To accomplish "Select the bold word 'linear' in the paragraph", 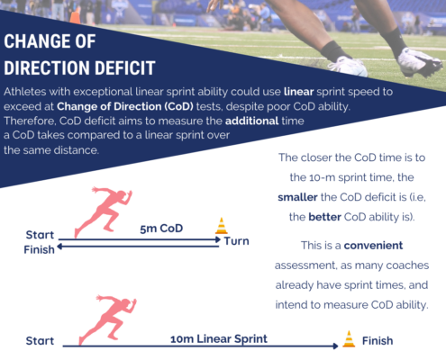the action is (x=298, y=92).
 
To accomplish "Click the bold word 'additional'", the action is (x=252, y=121).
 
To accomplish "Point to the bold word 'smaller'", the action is (x=297, y=197).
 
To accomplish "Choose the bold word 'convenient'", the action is (x=373, y=246).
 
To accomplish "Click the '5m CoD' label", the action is (x=161, y=229).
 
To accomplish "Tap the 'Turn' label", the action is (x=237, y=241).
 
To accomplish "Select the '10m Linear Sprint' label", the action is (x=219, y=339).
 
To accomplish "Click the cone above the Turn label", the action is (x=222, y=226).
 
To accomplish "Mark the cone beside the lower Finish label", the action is (x=349, y=339).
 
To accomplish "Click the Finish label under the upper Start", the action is (x=40, y=249).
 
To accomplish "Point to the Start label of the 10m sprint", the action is (x=40, y=341).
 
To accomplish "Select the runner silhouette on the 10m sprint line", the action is (x=107, y=319).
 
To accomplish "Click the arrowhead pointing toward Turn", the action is (x=218, y=239).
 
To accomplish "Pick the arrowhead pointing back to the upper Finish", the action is (x=59, y=247).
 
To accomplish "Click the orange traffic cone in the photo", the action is (x=76, y=15).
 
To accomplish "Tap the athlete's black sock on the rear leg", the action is (x=334, y=51).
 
